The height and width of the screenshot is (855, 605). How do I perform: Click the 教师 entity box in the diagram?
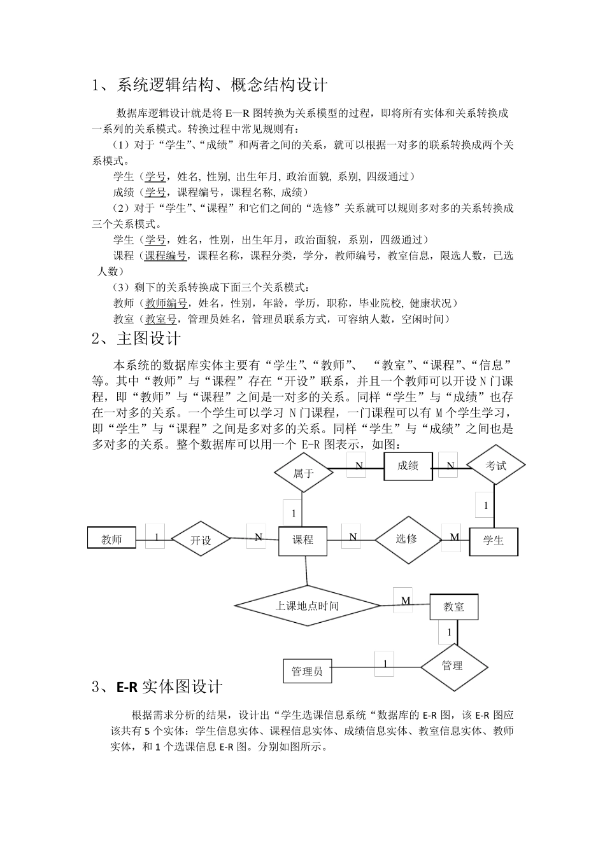tap(111, 539)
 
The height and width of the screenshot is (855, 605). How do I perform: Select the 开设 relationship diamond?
tap(201, 540)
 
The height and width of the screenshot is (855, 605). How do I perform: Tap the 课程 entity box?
tap(302, 540)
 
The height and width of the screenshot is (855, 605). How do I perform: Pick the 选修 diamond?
tap(407, 539)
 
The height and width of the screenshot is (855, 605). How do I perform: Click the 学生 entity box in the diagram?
tap(494, 541)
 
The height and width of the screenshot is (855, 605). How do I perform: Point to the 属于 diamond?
tap(303, 473)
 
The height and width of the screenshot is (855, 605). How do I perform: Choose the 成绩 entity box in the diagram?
tap(408, 466)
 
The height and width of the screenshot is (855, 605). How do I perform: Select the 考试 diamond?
tap(495, 466)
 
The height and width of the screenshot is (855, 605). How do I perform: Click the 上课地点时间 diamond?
tap(307, 606)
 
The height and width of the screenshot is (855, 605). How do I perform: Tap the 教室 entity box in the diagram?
tap(453, 608)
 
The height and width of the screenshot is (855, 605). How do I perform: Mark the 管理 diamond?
tap(453, 666)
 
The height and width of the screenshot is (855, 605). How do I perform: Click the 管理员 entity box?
tap(307, 671)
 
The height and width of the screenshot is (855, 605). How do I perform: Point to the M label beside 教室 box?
tap(404, 601)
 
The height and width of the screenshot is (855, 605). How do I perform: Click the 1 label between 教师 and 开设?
tap(155, 536)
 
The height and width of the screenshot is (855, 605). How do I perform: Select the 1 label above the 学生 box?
tap(486, 505)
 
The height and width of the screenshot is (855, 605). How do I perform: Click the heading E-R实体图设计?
tap(169, 686)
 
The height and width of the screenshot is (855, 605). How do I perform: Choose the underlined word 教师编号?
tap(166, 303)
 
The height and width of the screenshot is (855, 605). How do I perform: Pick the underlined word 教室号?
tap(160, 319)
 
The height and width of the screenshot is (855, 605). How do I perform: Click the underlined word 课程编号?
tap(166, 256)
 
